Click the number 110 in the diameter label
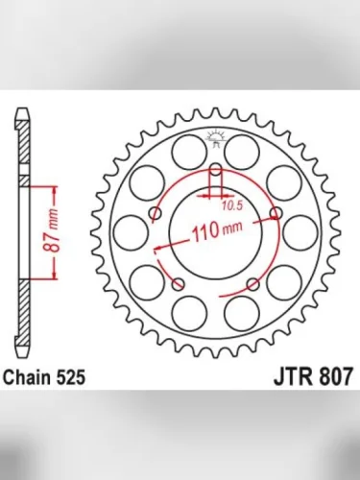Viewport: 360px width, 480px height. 201,232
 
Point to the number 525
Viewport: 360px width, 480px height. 72,378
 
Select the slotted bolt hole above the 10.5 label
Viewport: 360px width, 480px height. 216,178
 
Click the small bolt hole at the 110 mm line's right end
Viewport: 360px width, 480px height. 276,212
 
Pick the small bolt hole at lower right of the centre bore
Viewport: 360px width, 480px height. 252,283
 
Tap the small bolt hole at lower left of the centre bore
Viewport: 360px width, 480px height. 179,283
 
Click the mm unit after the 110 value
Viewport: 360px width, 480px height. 233,232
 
